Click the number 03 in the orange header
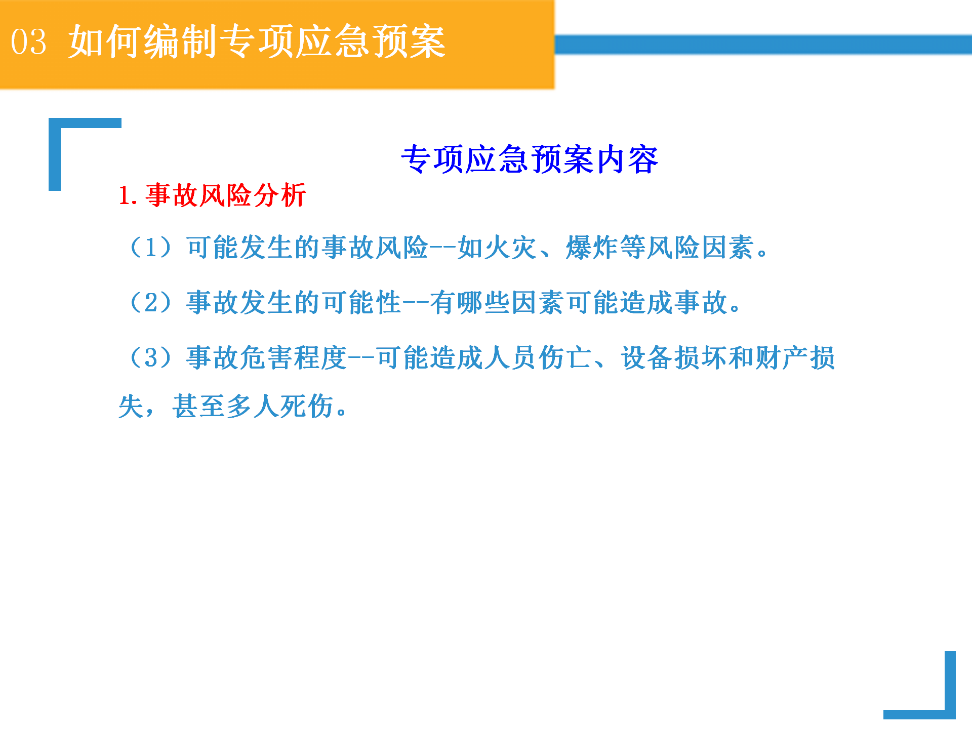(29, 42)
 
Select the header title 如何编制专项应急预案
(257, 42)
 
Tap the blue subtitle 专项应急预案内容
(530, 159)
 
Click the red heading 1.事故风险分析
(212, 195)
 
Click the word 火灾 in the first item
(511, 248)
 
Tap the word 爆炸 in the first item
(593, 248)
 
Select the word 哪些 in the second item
(484, 303)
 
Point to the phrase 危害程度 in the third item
(293, 357)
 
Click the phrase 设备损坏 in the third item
(675, 357)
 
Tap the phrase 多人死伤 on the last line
(280, 406)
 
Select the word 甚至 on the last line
(199, 406)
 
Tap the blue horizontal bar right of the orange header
(763, 45)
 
